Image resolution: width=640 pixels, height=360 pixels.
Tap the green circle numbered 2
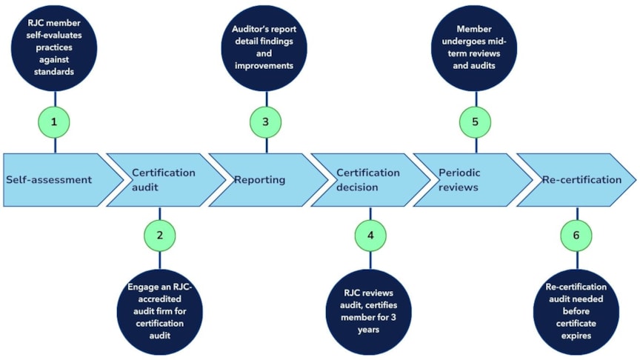coord(159,234)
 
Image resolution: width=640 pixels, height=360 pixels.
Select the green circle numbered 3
coord(266,121)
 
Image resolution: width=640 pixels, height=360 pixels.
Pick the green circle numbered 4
coord(370,234)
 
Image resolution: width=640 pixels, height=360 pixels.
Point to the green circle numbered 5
coord(476,121)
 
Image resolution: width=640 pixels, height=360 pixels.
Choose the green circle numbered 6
coord(578,234)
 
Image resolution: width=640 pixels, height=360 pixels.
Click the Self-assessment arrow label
coord(50,179)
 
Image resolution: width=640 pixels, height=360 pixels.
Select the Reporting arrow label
coord(260,179)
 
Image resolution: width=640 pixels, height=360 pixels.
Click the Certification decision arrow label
coord(367,179)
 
